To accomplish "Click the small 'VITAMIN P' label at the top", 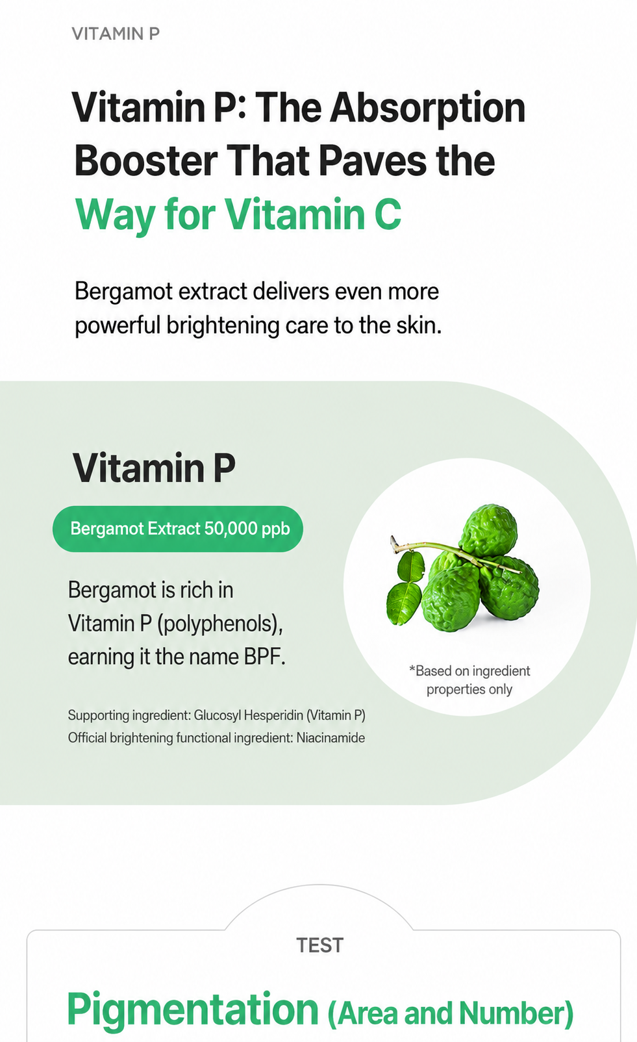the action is pos(116,34).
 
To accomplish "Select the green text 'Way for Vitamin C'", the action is pos(238,215).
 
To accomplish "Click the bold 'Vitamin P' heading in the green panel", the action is pos(154,468).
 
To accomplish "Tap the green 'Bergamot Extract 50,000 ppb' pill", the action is pos(178,529).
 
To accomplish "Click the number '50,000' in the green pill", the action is pos(230,529).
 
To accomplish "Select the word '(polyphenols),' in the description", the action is pos(220,624).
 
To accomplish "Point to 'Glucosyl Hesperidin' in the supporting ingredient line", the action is pos(248,715).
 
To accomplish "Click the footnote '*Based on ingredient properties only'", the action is pos(469,680).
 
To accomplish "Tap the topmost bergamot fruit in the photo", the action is pos(488,530).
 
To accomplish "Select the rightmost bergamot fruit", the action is pos(510,588).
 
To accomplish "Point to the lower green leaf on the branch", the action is pos(404,603).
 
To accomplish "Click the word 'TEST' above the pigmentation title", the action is pos(320,946).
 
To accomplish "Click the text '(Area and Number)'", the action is pos(451,1014).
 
